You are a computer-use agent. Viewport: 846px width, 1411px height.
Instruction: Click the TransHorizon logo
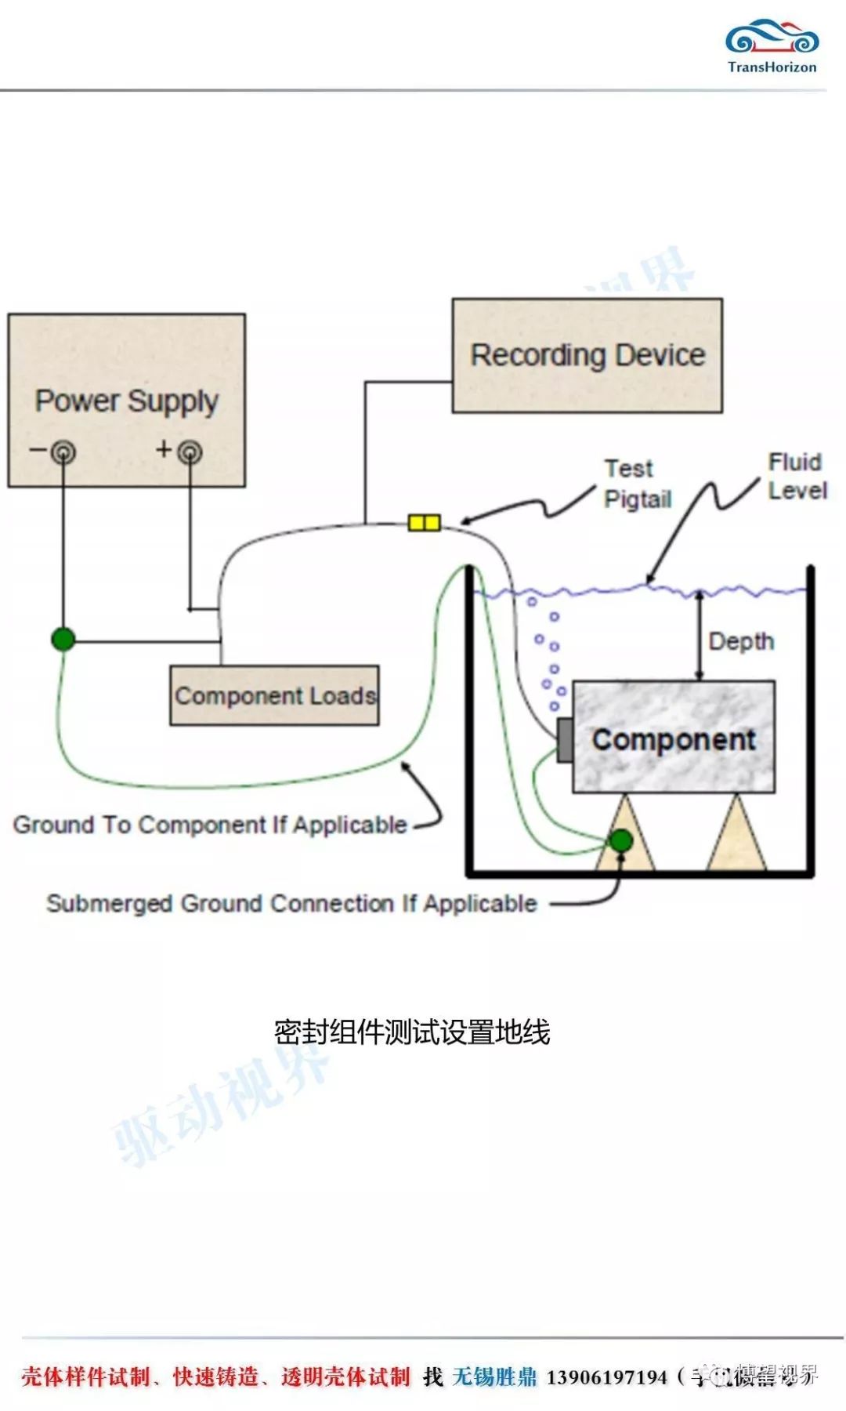coord(772,46)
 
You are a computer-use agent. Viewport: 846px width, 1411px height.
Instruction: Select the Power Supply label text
coord(126,401)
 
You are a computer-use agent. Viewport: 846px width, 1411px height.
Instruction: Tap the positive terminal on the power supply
coord(190,452)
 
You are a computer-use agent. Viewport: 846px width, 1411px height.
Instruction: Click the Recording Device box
coord(587,355)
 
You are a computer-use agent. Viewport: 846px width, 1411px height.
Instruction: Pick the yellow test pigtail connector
coord(424,522)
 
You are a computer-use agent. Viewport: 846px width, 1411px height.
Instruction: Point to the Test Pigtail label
coord(638,484)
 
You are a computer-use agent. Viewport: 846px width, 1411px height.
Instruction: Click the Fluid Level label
coord(797,476)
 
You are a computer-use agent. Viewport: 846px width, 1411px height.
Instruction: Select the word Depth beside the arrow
coord(741,641)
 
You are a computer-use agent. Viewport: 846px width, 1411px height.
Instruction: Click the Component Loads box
coord(274,695)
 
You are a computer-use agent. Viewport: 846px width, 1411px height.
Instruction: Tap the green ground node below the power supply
coord(63,639)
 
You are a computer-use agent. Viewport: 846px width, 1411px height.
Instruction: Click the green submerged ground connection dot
coord(620,840)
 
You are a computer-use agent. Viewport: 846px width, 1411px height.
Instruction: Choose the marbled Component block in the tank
coord(674,738)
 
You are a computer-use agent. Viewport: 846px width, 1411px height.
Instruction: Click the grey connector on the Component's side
coord(564,739)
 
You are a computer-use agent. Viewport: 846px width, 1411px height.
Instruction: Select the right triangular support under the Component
coord(736,837)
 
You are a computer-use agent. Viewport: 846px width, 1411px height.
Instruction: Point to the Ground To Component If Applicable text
coord(210,825)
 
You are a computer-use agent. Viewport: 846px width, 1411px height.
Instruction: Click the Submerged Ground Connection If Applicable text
coord(291,903)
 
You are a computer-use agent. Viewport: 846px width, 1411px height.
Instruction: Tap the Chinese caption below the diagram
coord(412,1032)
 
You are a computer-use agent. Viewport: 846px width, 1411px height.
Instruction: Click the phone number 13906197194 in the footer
coord(606,1377)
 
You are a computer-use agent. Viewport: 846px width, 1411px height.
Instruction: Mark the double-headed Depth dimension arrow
coord(700,635)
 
